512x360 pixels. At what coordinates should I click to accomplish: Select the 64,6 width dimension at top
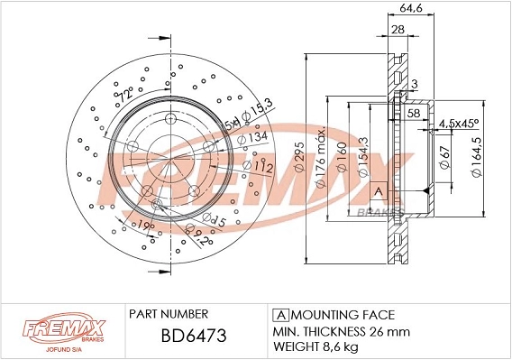point(412,11)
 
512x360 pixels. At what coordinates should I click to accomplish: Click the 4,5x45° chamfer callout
point(459,125)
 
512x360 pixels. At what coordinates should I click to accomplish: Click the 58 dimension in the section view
point(414,114)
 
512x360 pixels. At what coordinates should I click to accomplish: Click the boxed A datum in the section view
point(379,191)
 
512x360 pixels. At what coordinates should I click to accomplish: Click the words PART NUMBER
point(169,314)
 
